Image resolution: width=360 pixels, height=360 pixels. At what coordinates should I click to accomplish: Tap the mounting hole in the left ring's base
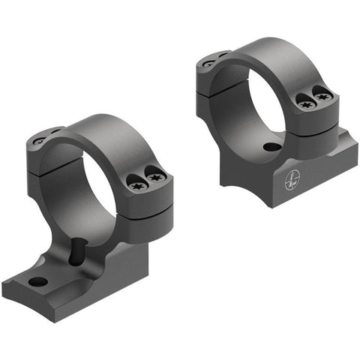[37, 282]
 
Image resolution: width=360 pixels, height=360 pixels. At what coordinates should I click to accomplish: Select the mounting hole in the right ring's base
[271, 147]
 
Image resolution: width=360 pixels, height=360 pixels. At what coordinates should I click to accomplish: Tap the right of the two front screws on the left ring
[156, 178]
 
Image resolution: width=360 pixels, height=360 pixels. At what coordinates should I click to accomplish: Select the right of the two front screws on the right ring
[322, 94]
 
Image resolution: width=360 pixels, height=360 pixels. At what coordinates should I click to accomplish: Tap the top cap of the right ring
[277, 56]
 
